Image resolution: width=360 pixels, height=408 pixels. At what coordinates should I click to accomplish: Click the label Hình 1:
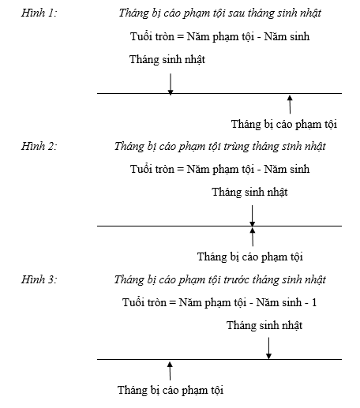pyautogui.click(x=39, y=13)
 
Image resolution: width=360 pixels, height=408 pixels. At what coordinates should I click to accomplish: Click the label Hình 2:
pyautogui.click(x=39, y=146)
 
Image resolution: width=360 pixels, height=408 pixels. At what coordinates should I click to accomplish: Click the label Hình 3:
pyautogui.click(x=39, y=279)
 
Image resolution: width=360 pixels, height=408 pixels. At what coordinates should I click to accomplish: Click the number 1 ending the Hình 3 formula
pyautogui.click(x=314, y=302)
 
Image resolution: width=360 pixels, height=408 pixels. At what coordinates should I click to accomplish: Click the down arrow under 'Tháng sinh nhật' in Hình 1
pyautogui.click(x=171, y=84)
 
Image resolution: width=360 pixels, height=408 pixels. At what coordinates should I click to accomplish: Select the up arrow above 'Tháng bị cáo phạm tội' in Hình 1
pyautogui.click(x=290, y=104)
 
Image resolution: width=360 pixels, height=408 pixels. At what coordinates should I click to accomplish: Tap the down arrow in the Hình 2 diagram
pyautogui.click(x=252, y=215)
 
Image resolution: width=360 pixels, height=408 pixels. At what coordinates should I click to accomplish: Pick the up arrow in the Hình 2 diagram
pyautogui.click(x=253, y=237)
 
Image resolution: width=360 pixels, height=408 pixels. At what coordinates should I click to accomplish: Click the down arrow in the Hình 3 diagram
pyautogui.click(x=268, y=348)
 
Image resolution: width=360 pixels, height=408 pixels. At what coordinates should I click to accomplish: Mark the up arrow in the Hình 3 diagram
pyautogui.click(x=170, y=371)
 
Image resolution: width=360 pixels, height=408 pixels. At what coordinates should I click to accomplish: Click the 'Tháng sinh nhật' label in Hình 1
pyautogui.click(x=167, y=59)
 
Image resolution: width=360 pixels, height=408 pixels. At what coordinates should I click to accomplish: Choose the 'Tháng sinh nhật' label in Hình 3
pyautogui.click(x=264, y=325)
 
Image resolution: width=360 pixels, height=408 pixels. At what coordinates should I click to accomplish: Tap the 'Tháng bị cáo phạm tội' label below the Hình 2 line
pyautogui.click(x=250, y=256)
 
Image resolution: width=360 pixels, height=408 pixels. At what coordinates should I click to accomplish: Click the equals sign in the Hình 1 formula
pyautogui.click(x=180, y=36)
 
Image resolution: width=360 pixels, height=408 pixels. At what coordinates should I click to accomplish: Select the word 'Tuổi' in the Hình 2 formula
pyautogui.click(x=141, y=169)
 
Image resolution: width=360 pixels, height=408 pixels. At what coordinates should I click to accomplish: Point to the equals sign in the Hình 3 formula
pyautogui.click(x=172, y=302)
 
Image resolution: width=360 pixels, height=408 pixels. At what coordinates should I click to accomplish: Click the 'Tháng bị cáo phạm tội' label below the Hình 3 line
pyautogui.click(x=171, y=390)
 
